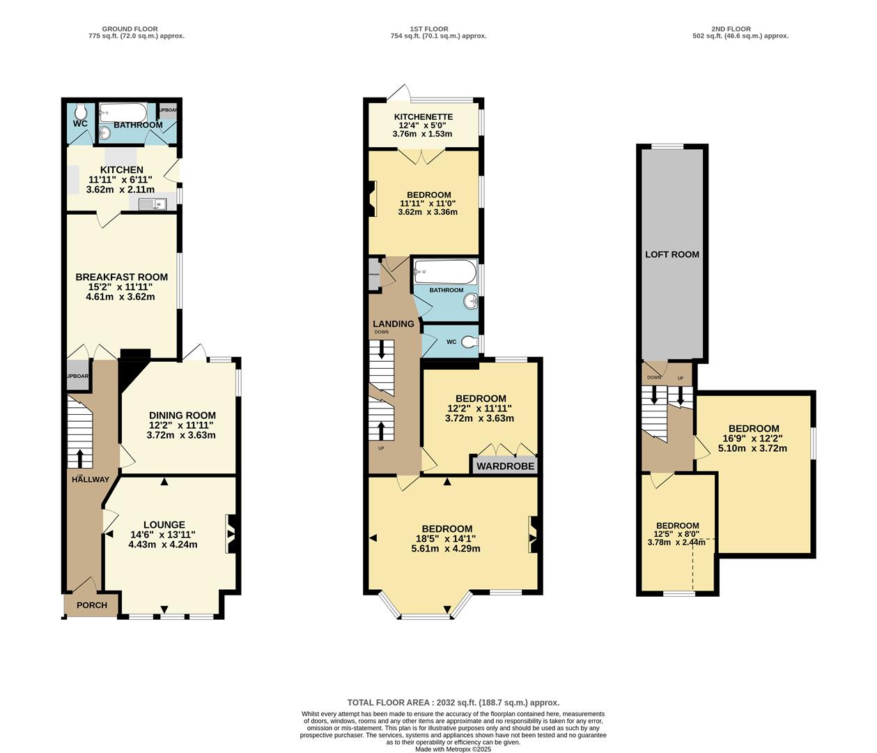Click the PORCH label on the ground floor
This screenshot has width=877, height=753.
pyautogui.click(x=91, y=605)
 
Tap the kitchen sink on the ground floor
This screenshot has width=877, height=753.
pyautogui.click(x=152, y=204)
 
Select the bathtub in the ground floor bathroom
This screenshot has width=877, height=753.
pyautogui.click(x=123, y=112)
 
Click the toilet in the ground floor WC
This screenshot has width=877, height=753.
pyautogui.click(x=81, y=112)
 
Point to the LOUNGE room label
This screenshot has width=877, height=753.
pyautogui.click(x=164, y=525)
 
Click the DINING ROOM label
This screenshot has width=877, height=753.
pyautogui.click(x=182, y=416)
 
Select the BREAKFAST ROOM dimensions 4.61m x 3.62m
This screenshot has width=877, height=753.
pyautogui.click(x=121, y=296)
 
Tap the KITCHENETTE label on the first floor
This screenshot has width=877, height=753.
pyautogui.click(x=423, y=117)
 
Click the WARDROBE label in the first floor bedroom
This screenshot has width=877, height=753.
pyautogui.click(x=506, y=466)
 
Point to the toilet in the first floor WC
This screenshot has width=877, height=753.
pyautogui.click(x=472, y=342)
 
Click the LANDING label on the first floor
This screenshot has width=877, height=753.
pyautogui.click(x=393, y=324)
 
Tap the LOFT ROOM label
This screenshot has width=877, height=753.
pyautogui.click(x=672, y=254)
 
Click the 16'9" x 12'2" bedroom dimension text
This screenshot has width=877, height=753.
pyautogui.click(x=754, y=439)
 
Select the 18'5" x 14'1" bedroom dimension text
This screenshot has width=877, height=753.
pyautogui.click(x=447, y=539)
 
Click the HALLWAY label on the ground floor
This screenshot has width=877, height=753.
pyautogui.click(x=90, y=480)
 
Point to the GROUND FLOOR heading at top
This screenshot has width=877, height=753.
pyautogui.click(x=130, y=29)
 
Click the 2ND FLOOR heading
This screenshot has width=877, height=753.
pyautogui.click(x=731, y=29)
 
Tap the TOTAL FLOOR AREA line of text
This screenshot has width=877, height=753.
pyautogui.click(x=453, y=703)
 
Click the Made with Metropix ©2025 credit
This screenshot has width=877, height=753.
pyautogui.click(x=453, y=750)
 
